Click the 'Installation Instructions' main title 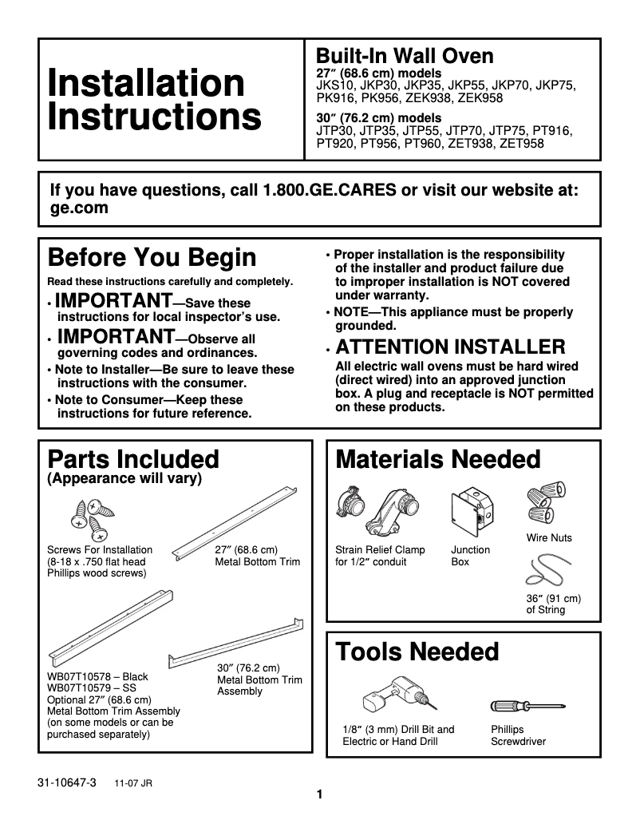154,100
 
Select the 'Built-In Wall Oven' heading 405,56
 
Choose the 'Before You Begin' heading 152,258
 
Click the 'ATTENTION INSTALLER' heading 451,347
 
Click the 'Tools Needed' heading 417,652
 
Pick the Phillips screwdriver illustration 528,706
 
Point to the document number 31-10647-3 66,782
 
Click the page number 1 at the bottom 319,794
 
